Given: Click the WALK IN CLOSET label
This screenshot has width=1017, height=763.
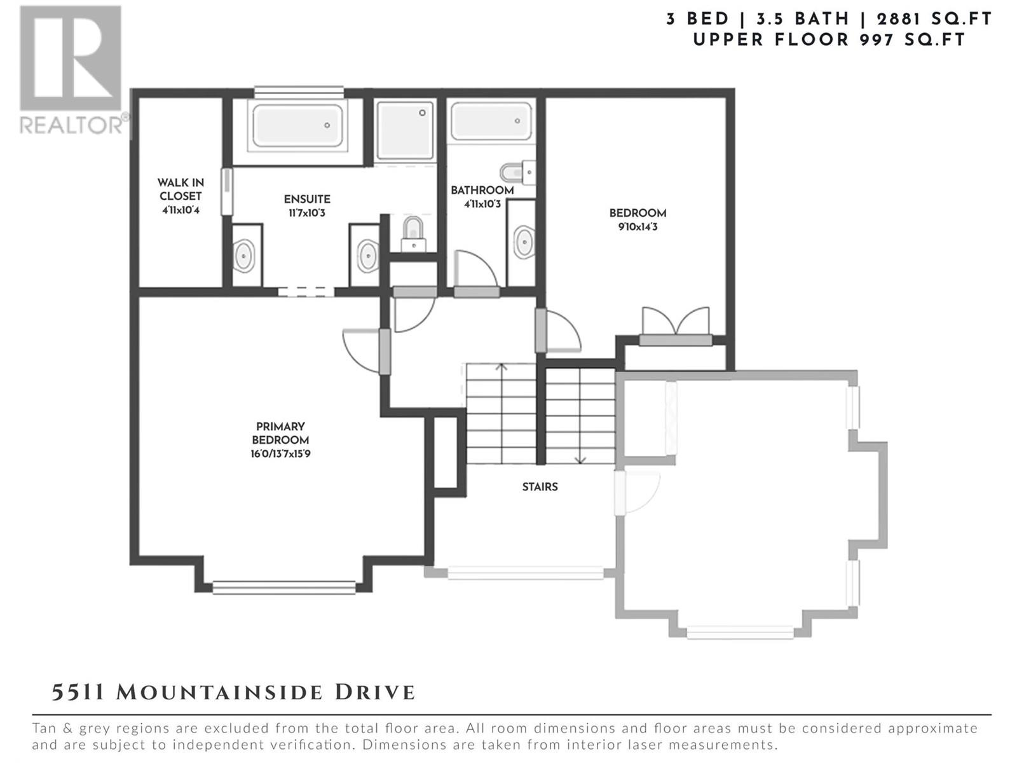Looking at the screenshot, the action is click(x=181, y=189).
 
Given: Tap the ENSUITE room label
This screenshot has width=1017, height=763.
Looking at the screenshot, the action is click(x=307, y=199).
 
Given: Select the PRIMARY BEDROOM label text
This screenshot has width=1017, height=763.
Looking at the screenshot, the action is click(x=280, y=433).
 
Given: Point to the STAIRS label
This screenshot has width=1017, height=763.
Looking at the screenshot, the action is click(x=540, y=487).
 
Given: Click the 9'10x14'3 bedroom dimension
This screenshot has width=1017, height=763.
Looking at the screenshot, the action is click(x=638, y=227).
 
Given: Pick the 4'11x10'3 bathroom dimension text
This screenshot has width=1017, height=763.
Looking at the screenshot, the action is click(x=482, y=204).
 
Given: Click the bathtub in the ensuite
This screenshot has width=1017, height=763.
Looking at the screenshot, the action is click(x=297, y=125).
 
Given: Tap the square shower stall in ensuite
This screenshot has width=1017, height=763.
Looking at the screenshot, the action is click(x=406, y=130).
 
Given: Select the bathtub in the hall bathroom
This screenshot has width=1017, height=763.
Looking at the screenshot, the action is click(x=491, y=120).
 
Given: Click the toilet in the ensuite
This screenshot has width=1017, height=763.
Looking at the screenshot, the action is click(x=413, y=235).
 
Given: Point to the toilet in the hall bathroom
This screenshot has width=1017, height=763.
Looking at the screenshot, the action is click(x=518, y=173).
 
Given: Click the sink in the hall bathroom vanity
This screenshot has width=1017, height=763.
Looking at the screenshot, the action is click(x=524, y=242).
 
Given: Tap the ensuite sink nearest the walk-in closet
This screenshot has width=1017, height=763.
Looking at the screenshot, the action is click(x=244, y=256).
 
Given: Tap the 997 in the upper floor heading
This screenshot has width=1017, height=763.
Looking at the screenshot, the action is click(x=877, y=40).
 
